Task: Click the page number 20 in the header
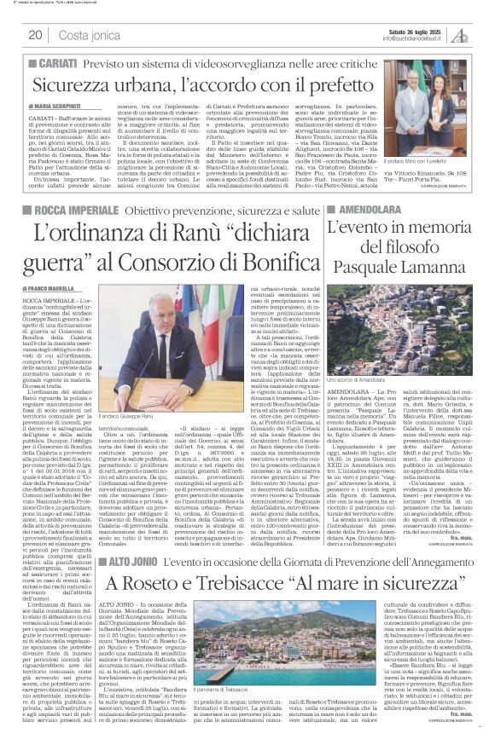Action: [x=35, y=35]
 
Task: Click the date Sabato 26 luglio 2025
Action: [x=415, y=30]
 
